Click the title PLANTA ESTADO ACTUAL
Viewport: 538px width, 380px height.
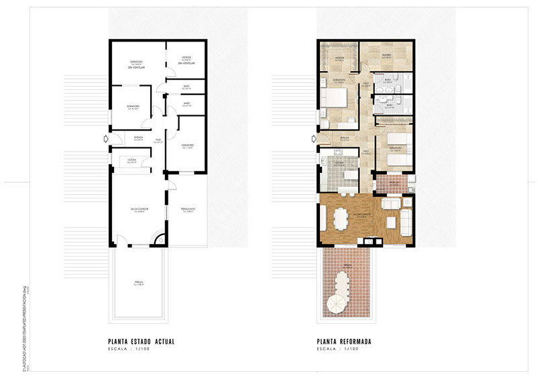coord(141,342)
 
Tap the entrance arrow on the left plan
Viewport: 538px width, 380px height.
coord(105,139)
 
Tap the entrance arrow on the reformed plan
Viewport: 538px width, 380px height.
coord(313,139)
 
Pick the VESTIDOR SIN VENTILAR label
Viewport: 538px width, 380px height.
coord(186,62)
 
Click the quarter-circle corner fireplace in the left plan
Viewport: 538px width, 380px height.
coord(159,240)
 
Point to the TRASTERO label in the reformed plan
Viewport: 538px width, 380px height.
coord(386,56)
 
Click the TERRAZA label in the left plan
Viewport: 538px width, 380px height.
coord(139,282)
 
